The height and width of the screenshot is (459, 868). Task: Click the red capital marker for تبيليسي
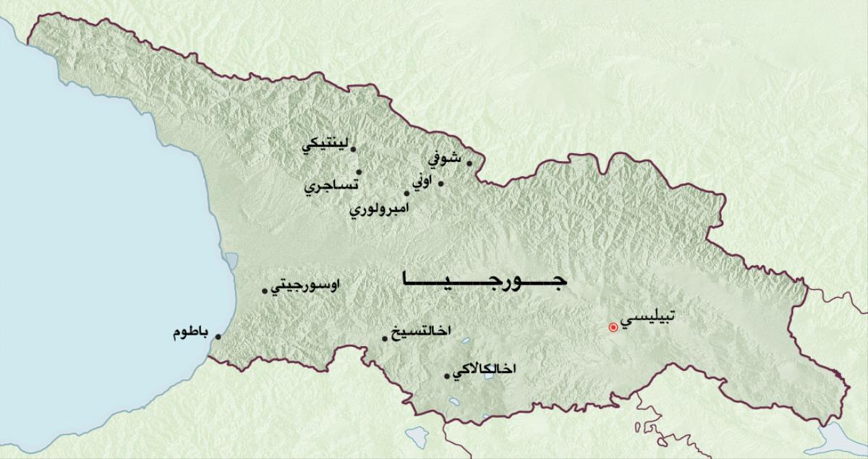coord(613,327)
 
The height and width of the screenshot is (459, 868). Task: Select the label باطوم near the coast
coord(191,333)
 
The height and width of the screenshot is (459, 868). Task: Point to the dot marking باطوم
coord(218,335)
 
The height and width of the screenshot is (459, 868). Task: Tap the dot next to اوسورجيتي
coord(264,291)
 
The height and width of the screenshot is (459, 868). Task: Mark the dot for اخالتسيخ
coord(385,338)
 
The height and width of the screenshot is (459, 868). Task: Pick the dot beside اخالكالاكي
coord(446,374)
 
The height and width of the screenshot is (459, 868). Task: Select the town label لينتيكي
coord(324,145)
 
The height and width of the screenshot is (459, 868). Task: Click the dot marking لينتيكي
coord(353,149)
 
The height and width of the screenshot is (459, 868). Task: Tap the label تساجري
coord(331,186)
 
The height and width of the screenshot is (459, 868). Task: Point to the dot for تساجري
coord(359,172)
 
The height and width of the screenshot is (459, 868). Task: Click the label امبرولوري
coord(379,210)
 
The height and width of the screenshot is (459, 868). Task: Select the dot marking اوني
coord(441,182)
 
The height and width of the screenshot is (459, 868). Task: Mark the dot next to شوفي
coord(469,163)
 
